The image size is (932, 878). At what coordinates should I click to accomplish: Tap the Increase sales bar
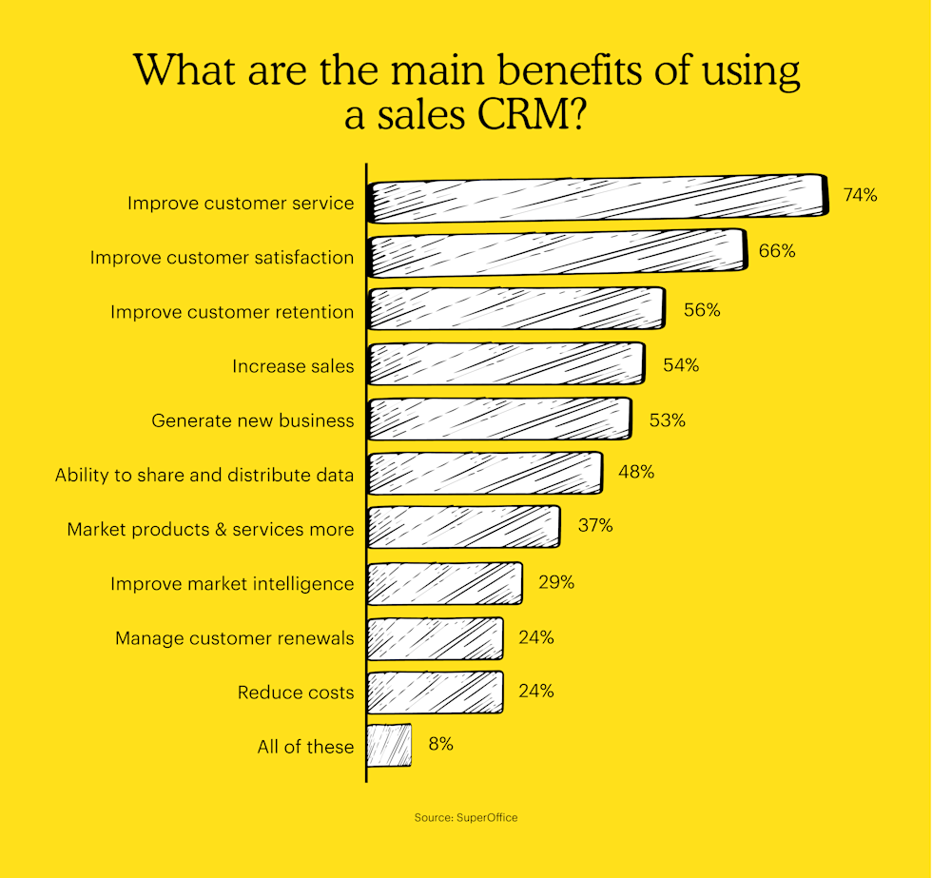(505, 364)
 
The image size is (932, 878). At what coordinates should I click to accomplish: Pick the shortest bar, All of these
(389, 745)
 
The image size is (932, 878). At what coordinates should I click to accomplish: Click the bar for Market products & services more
(463, 528)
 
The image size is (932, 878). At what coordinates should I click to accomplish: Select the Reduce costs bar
(435, 692)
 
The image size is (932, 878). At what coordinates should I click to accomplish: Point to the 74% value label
(860, 195)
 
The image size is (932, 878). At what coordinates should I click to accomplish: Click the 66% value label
(777, 252)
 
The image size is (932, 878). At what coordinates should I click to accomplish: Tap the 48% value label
(635, 471)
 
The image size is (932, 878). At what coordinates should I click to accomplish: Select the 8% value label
(440, 744)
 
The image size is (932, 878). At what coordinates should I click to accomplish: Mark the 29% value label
(555, 581)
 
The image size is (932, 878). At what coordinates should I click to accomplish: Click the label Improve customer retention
(232, 312)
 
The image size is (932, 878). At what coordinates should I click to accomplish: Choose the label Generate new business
(253, 420)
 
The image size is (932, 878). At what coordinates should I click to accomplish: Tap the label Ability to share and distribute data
(204, 475)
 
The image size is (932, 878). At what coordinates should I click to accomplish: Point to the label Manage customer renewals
(235, 638)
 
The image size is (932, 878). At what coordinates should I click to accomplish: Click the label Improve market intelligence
(232, 583)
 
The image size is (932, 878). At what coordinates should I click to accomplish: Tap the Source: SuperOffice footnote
(466, 817)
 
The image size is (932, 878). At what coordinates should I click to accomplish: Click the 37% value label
(595, 525)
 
